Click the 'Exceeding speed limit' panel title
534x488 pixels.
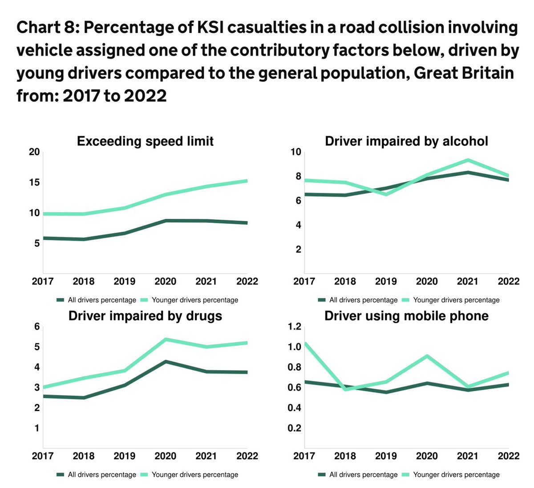click(x=145, y=141)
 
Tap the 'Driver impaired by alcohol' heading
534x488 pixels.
click(x=406, y=141)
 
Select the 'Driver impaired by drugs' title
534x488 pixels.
click(x=145, y=316)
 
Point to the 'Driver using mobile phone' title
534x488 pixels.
click(x=406, y=316)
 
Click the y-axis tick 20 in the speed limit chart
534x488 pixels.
click(x=34, y=152)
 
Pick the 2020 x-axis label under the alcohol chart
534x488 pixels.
click(x=427, y=282)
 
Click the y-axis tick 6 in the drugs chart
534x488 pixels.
click(x=37, y=327)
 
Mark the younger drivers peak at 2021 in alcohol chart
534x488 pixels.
click(x=468, y=160)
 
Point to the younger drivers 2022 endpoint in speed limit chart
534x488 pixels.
click(x=247, y=181)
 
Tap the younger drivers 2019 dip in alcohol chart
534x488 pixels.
click(x=386, y=194)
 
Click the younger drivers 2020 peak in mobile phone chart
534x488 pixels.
click(x=427, y=356)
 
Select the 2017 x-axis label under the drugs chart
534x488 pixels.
click(x=43, y=456)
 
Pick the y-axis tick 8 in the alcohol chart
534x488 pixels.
click(x=296, y=177)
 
